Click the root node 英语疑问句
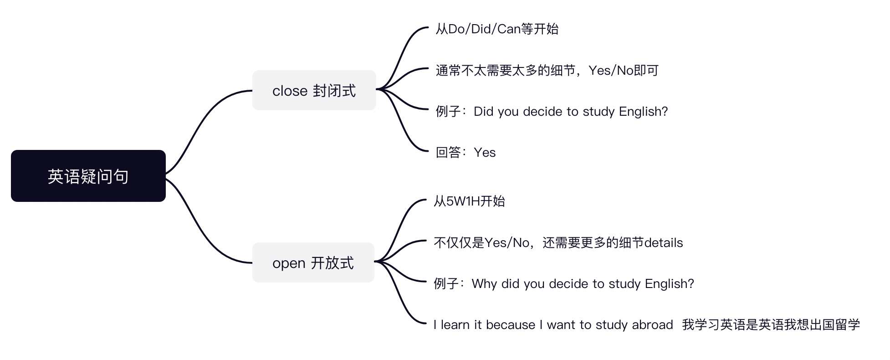pyautogui.click(x=88, y=176)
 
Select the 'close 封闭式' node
pyautogui.click(x=314, y=90)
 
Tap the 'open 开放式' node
pyautogui.click(x=313, y=262)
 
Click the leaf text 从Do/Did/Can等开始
pyautogui.click(x=496, y=29)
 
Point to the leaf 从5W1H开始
pyautogui.click(x=469, y=201)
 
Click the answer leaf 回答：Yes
pyautogui.click(x=465, y=152)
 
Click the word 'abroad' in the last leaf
pyautogui.click(x=652, y=324)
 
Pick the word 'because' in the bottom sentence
pyautogui.click(x=510, y=324)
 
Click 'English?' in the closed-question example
pyautogui.click(x=643, y=111)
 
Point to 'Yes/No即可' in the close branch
pyautogui.click(x=623, y=70)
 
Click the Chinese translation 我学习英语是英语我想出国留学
pyautogui.click(x=771, y=324)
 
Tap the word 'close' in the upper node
pyautogui.click(x=290, y=91)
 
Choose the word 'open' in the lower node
pyautogui.click(x=288, y=263)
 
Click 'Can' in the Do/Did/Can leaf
pyautogui.click(x=509, y=29)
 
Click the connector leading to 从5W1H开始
pyautogui.click(x=401, y=223)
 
